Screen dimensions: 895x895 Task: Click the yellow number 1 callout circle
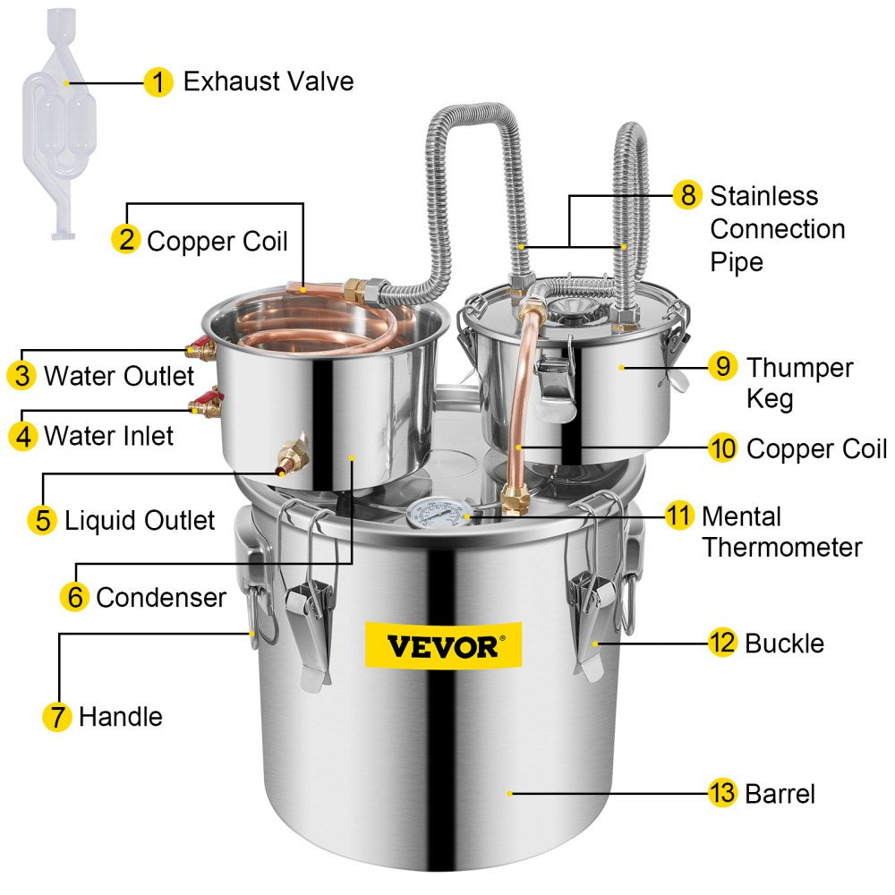(158, 82)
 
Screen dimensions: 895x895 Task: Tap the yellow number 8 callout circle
(686, 194)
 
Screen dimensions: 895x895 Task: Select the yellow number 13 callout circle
(722, 792)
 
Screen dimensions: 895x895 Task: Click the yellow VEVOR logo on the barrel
(443, 645)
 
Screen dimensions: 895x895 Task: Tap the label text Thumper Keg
(799, 382)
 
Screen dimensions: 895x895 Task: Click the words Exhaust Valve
(268, 81)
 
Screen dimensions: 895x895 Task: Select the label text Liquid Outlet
(140, 520)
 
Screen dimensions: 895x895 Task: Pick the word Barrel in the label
(780, 793)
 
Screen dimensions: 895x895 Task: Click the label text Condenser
(161, 597)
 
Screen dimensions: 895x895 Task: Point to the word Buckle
(784, 643)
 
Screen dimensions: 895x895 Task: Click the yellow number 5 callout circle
(42, 519)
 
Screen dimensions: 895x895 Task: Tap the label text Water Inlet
(109, 436)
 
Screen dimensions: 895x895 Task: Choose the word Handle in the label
(121, 716)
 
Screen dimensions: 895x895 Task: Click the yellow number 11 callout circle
(679, 516)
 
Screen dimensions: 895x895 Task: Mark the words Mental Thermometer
(781, 532)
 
